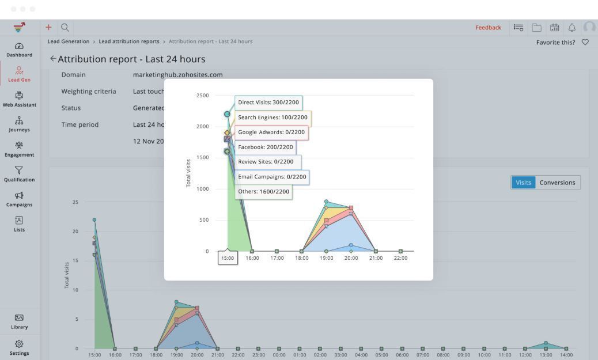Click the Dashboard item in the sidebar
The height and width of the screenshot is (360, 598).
pos(19,50)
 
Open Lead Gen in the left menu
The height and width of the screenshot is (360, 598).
pos(19,74)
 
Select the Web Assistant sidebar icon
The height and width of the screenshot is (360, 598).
pos(19,99)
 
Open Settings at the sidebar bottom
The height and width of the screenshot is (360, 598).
pos(19,347)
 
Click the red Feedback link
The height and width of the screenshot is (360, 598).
pos(488,28)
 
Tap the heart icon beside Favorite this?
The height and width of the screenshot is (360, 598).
pos(585,42)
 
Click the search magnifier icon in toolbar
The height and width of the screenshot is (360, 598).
pos(65,27)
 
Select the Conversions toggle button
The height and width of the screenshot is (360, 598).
pos(557,183)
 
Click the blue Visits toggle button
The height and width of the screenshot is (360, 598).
pos(523,183)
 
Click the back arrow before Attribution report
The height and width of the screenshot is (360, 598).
pos(53,59)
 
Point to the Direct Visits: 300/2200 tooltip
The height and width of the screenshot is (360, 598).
pos(268,103)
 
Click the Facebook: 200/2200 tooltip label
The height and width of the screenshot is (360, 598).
pos(265,147)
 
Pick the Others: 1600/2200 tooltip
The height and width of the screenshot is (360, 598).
pos(263,191)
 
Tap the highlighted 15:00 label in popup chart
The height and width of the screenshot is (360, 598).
pos(228,258)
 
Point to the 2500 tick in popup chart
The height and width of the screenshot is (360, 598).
pos(202,95)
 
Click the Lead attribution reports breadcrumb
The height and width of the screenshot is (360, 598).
pos(130,41)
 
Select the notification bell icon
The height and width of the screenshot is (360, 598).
pos(572,28)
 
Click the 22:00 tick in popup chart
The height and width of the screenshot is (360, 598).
pos(400,258)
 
